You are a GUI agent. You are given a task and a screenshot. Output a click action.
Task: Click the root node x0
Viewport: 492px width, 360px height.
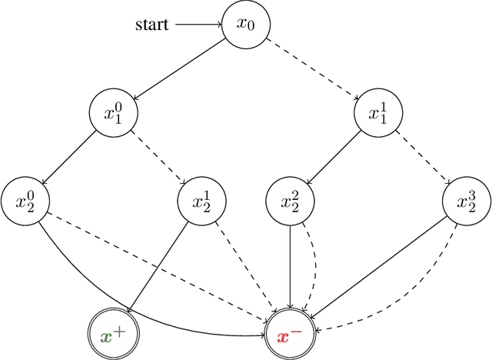click(x=245, y=25)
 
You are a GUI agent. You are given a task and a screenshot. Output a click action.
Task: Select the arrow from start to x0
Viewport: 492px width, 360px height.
click(x=198, y=25)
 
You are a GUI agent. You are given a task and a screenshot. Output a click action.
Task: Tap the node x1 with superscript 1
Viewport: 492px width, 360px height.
click(x=378, y=114)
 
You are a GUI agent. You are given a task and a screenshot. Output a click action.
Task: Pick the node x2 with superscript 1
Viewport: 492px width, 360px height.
click(x=201, y=202)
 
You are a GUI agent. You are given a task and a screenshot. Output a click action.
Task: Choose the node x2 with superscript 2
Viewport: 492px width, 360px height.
click(x=290, y=202)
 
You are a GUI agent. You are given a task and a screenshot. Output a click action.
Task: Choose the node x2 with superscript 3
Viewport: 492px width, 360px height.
click(x=467, y=202)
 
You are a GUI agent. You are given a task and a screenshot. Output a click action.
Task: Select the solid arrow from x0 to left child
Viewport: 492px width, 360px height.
click(x=179, y=69)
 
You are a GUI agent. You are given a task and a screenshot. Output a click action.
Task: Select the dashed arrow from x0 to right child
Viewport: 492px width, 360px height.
click(x=311, y=69)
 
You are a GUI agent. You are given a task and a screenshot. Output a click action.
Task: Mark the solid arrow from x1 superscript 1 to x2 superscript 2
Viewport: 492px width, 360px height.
click(x=334, y=158)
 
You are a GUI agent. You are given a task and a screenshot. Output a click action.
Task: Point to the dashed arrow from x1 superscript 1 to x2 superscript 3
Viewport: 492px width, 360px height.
click(x=422, y=158)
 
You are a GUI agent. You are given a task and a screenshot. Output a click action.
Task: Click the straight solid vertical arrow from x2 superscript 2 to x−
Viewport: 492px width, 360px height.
click(x=290, y=269)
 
